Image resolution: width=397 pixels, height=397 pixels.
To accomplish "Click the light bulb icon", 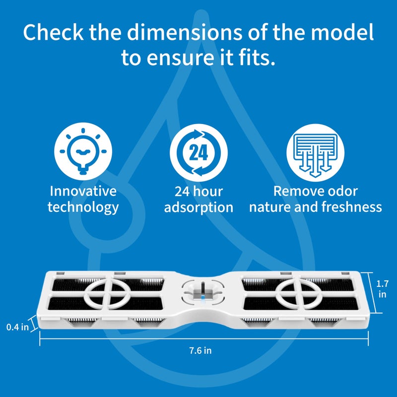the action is coord(83,151).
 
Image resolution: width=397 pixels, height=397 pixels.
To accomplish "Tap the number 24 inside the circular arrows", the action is coord(199,153).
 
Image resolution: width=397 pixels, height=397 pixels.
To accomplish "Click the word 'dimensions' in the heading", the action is coord(185,32).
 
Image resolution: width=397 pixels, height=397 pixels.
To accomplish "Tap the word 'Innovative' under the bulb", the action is coord(83,191).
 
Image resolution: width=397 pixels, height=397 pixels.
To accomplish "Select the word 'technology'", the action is coord(83,207).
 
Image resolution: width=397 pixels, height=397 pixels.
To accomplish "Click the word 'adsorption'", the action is coord(199,207).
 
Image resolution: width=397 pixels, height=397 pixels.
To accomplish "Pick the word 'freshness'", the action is coord(352,207).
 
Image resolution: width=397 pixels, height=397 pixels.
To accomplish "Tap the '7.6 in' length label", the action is coord(200,351).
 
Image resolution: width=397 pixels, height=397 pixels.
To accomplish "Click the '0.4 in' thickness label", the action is coord(17,327).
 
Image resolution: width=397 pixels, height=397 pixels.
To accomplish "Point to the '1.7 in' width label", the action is coord(382,289).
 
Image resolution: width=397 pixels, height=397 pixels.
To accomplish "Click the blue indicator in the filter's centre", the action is coord(202,299).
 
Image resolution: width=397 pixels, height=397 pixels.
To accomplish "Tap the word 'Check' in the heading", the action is coord(53,32).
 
